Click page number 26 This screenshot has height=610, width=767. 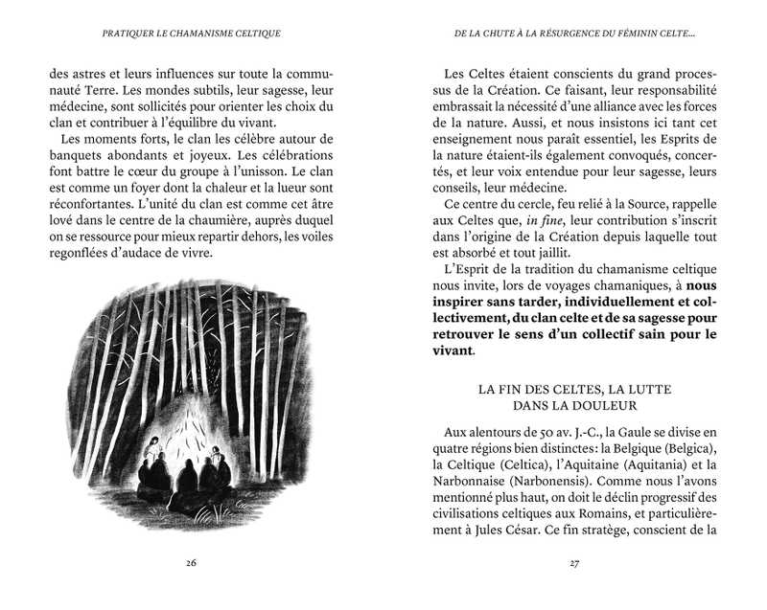[192, 562]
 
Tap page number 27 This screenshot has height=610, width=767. [574, 562]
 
